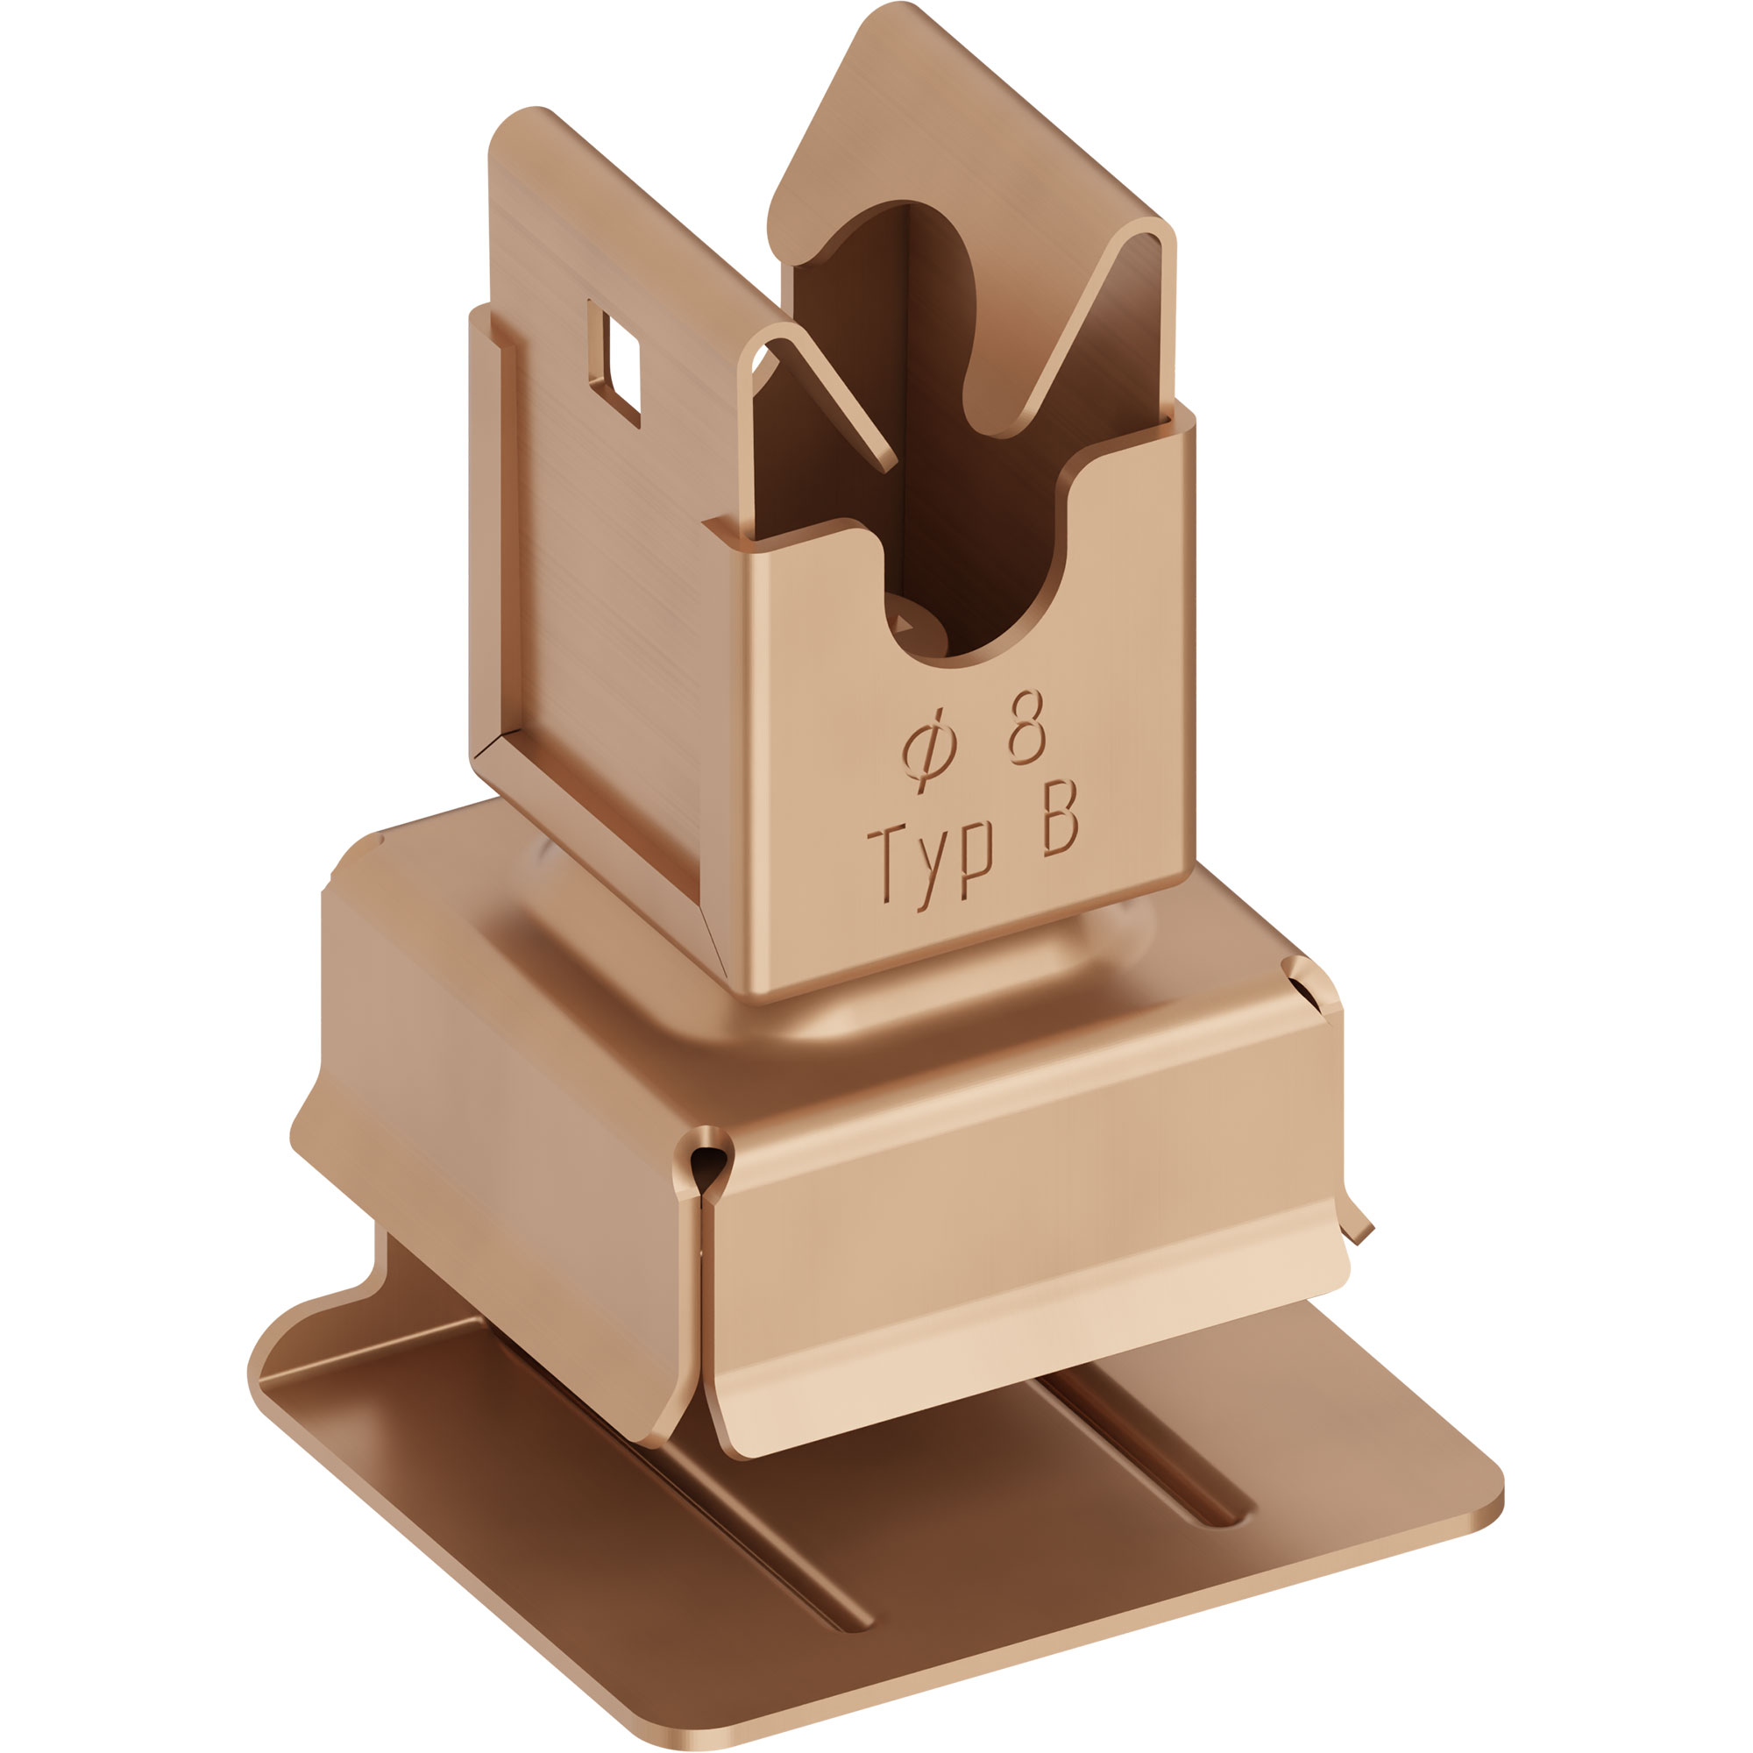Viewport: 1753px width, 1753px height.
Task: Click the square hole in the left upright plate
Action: click(615, 363)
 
